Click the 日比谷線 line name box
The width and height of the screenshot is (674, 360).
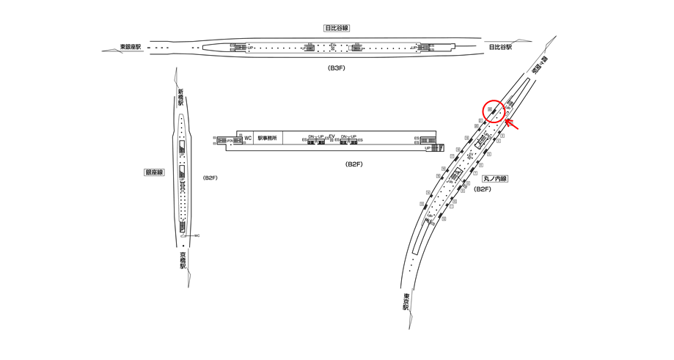pos(337,28)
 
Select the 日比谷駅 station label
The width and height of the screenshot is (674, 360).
pos(500,47)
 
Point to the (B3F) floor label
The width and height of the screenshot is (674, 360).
pos(336,67)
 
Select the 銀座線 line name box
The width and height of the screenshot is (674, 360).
pos(155,172)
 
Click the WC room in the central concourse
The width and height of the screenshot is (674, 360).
pos(248,138)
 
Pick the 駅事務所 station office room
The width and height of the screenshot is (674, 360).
pos(268,138)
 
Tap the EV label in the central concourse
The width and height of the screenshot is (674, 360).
pos(331,136)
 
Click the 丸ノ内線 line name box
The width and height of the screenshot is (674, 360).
pos(496,178)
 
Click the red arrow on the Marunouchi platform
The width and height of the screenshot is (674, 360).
pos(513,125)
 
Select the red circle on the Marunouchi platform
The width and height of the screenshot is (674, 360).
pos(494,111)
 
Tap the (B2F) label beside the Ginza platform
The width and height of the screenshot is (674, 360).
pos(210,178)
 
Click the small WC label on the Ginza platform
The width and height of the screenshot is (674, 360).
pos(197,235)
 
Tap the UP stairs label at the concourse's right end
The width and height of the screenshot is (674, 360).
pos(428,147)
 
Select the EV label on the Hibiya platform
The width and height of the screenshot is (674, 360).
pos(334,45)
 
